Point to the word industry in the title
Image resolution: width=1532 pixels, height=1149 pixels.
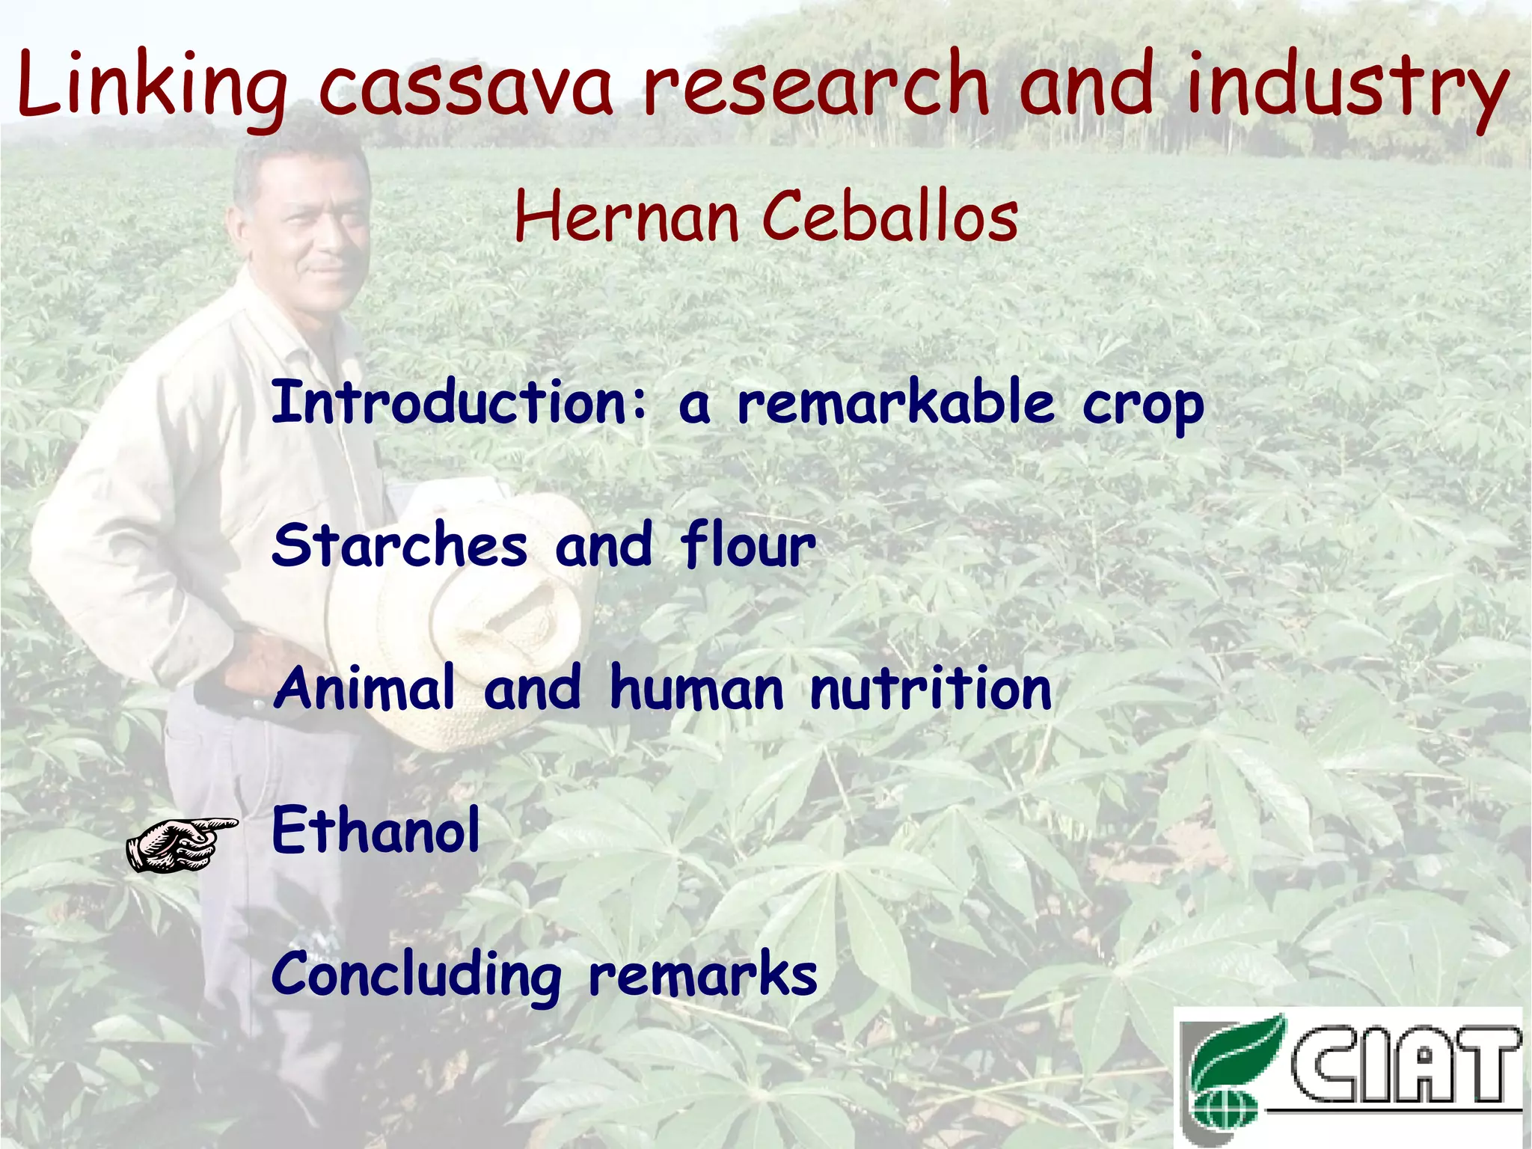click(1346, 86)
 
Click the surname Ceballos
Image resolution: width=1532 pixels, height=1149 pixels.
click(890, 217)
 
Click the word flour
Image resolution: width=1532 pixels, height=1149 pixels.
click(748, 545)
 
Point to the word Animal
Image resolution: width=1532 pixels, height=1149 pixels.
click(364, 687)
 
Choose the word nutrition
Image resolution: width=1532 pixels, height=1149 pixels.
click(931, 687)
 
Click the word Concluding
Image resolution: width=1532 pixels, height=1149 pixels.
click(416, 976)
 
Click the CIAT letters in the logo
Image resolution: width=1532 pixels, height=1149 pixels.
click(1406, 1066)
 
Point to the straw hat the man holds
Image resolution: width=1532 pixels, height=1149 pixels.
click(486, 613)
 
